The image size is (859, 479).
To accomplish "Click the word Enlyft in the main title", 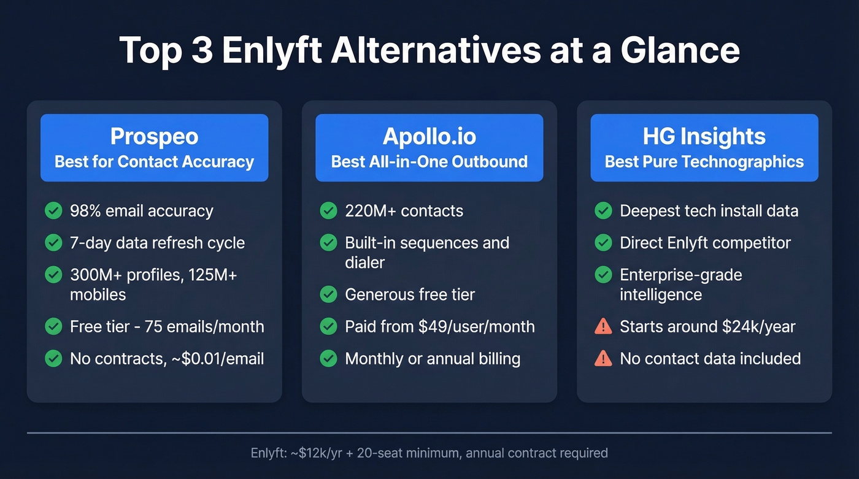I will (272, 50).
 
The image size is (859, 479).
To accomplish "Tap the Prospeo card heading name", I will (154, 136).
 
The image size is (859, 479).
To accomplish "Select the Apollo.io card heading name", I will (429, 136).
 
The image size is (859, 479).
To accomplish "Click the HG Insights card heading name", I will (704, 136).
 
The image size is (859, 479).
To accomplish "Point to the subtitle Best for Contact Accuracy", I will (154, 162).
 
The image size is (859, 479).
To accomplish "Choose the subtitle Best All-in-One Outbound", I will (429, 162).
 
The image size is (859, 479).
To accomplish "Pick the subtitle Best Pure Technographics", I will (704, 162).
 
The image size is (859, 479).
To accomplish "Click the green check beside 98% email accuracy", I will (54, 211).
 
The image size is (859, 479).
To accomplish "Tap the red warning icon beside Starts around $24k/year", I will (604, 327).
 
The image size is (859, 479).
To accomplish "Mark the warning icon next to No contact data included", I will (604, 359).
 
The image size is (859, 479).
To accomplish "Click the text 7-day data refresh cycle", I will (157, 243).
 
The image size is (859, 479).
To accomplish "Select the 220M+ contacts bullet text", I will (404, 211).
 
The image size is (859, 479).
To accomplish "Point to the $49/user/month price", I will (477, 327).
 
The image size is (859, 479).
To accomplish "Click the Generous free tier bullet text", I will (410, 295).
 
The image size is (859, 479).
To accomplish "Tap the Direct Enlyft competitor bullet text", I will (705, 243).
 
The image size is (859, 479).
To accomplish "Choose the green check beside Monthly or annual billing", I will (329, 359).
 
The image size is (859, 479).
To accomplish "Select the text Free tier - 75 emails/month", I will (167, 327).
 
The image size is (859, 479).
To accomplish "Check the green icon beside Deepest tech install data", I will (604, 211).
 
